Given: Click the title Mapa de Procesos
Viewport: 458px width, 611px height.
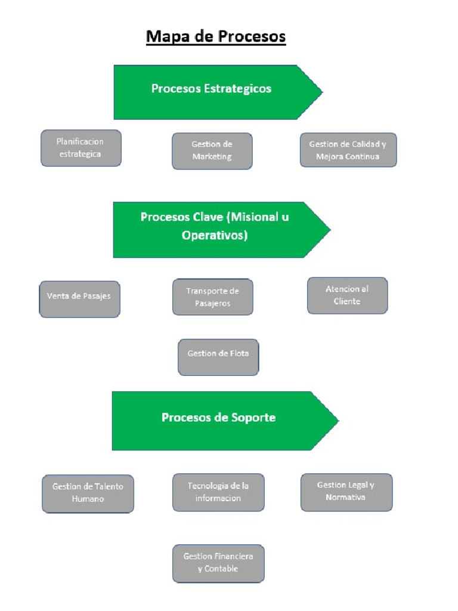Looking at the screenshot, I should [216, 37].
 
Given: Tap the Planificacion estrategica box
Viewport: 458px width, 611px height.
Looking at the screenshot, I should [81, 148].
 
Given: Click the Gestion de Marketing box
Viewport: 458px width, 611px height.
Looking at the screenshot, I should [212, 151].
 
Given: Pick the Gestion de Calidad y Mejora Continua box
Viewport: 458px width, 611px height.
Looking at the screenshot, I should [348, 150].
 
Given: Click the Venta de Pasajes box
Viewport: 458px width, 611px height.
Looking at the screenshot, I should [79, 299].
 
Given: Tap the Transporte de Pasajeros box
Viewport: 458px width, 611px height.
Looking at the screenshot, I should [212, 297].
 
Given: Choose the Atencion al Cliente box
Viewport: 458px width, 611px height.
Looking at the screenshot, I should [347, 295].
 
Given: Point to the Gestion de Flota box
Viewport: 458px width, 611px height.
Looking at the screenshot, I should [218, 356].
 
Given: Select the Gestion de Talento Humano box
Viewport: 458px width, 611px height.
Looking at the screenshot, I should [88, 493].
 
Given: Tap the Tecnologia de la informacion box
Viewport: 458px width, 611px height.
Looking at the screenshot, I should [218, 492].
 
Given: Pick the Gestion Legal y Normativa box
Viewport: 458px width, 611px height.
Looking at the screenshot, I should [346, 492].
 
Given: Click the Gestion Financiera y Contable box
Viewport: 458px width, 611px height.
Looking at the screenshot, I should [218, 563].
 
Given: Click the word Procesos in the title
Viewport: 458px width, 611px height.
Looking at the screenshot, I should [251, 37].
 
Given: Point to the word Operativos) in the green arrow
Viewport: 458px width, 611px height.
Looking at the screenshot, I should [215, 236].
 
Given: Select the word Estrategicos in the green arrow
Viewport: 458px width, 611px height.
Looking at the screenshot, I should [238, 89].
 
